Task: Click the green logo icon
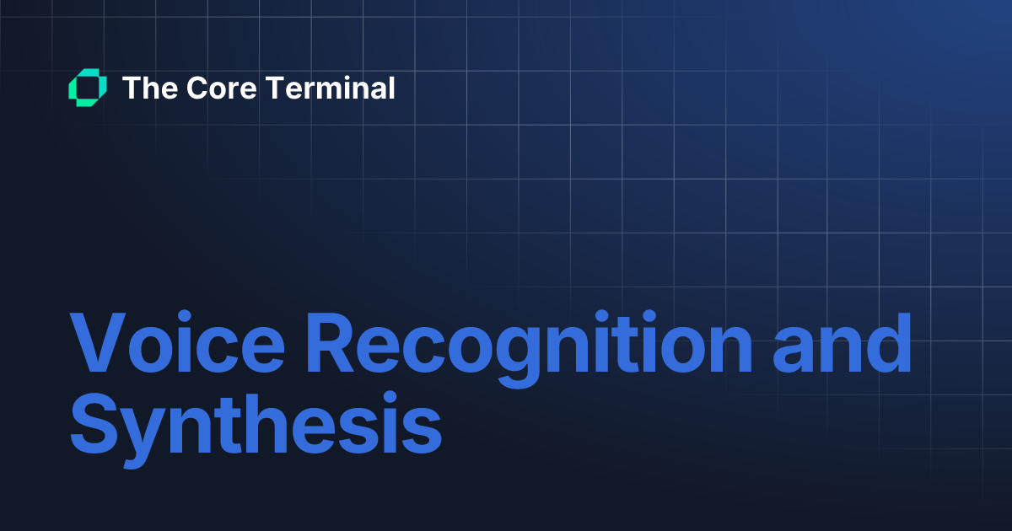[x=87, y=88]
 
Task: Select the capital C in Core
[x=198, y=88]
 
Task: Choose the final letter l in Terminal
[x=390, y=88]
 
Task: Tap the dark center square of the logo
[x=87, y=88]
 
